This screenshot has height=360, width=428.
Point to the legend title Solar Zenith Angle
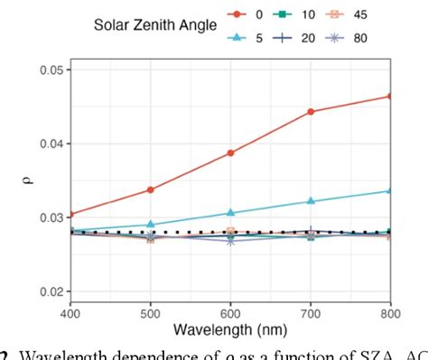click(155, 26)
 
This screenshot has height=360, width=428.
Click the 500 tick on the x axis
click(150, 313)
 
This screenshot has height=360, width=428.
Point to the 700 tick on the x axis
click(311, 313)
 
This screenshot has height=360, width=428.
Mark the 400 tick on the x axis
click(70, 313)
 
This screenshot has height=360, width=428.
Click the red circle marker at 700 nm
click(311, 112)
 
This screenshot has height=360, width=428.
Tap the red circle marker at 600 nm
click(230, 152)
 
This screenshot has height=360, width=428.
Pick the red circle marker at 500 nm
click(150, 189)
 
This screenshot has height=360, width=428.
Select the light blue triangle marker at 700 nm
click(311, 200)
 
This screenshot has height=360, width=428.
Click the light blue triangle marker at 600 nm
click(230, 213)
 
